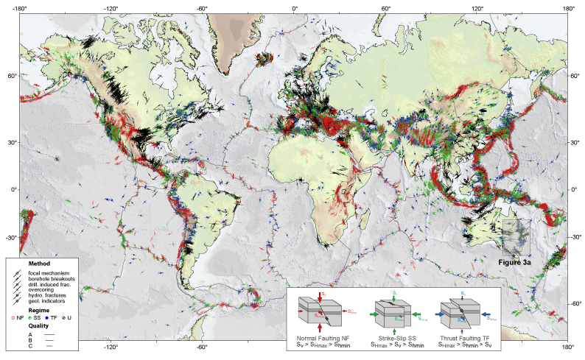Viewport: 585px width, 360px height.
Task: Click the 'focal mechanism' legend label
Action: pyautogui.click(x=49, y=274)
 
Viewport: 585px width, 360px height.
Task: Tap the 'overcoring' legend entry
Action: pyautogui.click(x=43, y=292)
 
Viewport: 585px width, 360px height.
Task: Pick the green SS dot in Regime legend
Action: pyautogui.click(x=35, y=317)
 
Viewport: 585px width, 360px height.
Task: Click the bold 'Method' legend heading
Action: pyautogui.click(x=38, y=264)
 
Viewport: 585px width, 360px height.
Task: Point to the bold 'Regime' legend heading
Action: pyautogui.click(x=38, y=311)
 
